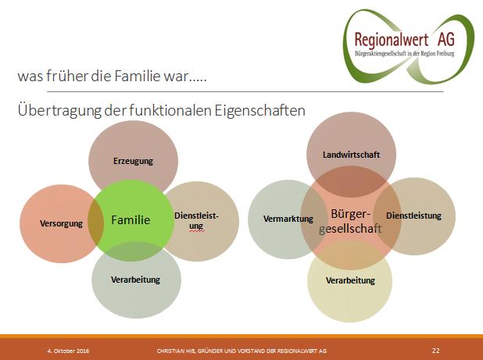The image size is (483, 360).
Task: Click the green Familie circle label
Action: [x=131, y=220]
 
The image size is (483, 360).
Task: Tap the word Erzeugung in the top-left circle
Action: [x=133, y=161]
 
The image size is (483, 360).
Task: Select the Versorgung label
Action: [x=61, y=223]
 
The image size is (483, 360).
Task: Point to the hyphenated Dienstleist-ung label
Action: [x=196, y=221]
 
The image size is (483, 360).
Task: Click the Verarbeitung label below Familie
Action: [x=135, y=280]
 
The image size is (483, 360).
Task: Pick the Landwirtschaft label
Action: [x=351, y=155]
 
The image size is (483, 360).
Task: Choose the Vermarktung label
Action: [x=288, y=219]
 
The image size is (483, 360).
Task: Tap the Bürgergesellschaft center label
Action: [x=350, y=221]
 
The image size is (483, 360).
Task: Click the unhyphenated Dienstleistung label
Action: [x=413, y=216]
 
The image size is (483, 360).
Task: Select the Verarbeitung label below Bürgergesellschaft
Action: [x=351, y=280]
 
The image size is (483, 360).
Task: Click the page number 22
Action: [x=436, y=351]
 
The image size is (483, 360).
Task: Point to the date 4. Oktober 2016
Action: [x=68, y=351]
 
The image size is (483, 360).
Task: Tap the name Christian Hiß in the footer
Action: [x=176, y=351]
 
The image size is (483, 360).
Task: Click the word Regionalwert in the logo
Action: [x=392, y=40]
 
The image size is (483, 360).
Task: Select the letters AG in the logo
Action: [x=446, y=39]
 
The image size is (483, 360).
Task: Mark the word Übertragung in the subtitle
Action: [x=59, y=111]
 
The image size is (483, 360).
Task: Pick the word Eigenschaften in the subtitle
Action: [x=259, y=111]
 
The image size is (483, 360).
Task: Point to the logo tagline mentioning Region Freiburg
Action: [x=404, y=54]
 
